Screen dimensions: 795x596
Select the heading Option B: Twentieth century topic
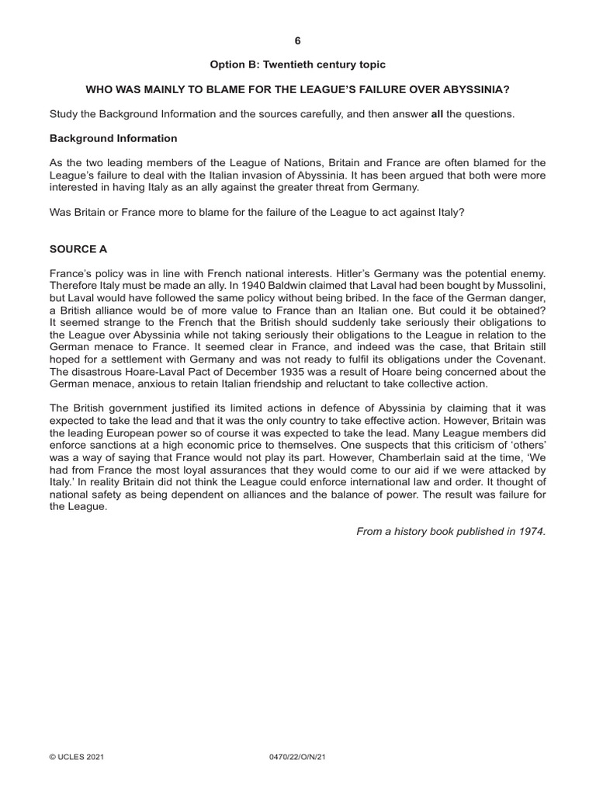[297, 64]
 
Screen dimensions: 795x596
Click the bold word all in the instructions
[437, 114]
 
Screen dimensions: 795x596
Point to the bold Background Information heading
[113, 138]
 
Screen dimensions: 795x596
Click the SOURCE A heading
[78, 249]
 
